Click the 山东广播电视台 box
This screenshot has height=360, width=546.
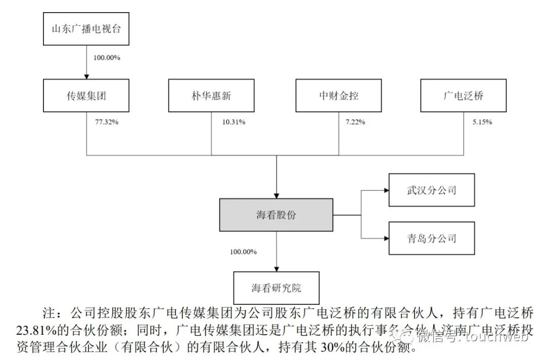(x=86, y=29)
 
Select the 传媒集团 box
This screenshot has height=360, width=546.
(x=86, y=95)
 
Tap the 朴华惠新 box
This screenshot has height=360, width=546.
(x=211, y=95)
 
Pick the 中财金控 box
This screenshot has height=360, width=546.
(x=338, y=95)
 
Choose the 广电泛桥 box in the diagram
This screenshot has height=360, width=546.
(x=463, y=95)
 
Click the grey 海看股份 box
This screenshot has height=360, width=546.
(x=276, y=215)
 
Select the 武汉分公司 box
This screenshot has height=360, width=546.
(x=431, y=190)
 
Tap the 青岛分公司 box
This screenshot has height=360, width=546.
(x=431, y=238)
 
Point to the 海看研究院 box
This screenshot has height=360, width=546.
(x=276, y=288)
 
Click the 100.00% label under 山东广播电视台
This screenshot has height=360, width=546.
(x=107, y=58)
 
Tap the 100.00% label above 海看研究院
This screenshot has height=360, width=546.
(x=244, y=251)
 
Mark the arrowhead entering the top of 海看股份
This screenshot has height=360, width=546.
(x=276, y=195)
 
